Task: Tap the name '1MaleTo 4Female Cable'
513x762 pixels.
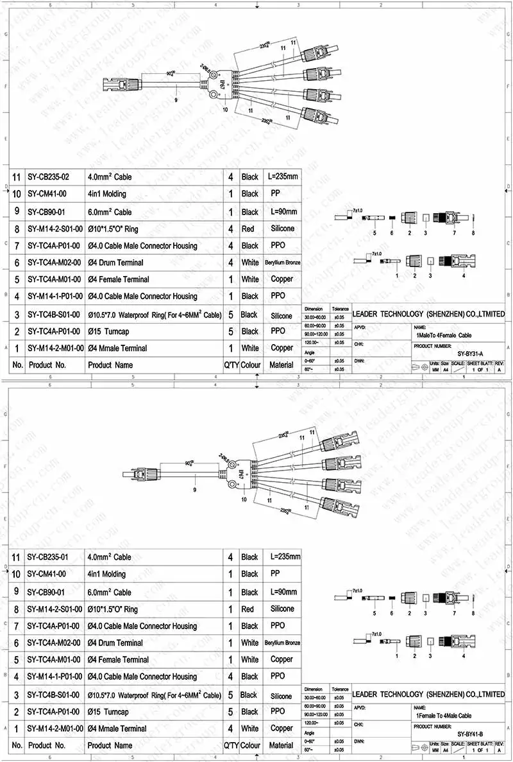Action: click(x=443, y=335)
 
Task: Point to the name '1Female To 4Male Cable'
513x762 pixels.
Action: click(x=444, y=715)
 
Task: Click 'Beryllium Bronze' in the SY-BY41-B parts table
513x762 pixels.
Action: click(x=282, y=643)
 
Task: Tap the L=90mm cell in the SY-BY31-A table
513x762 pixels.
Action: click(x=283, y=212)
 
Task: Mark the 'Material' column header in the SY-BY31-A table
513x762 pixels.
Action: click(x=281, y=365)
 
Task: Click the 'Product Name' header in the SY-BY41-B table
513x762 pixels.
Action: click(x=110, y=745)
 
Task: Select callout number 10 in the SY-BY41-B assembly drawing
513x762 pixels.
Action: click(x=244, y=499)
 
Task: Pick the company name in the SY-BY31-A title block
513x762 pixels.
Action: click(x=428, y=314)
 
